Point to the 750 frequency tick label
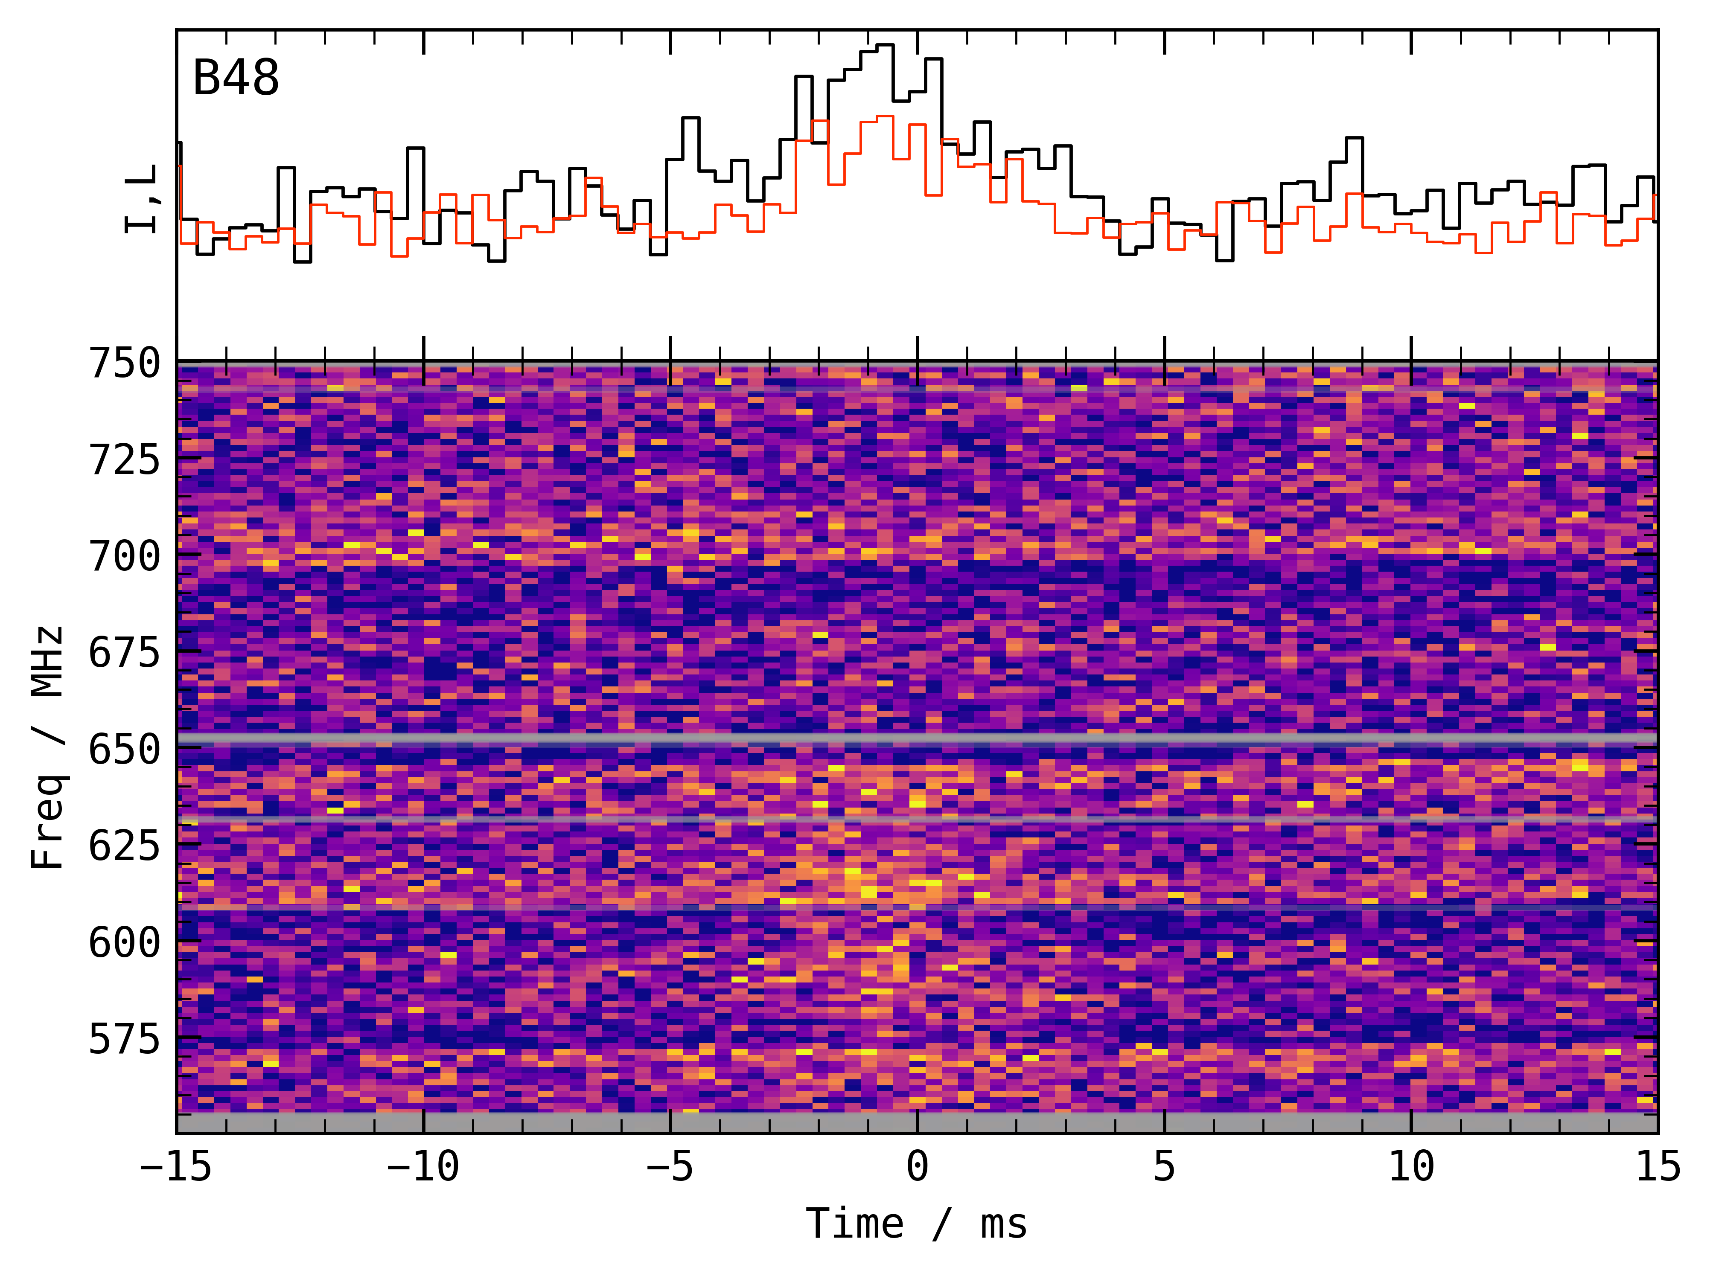click(125, 363)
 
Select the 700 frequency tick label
click(125, 556)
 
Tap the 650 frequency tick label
click(125, 749)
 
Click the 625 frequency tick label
click(125, 846)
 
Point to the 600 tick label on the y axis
click(125, 942)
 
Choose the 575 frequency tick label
click(125, 1039)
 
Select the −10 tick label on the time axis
click(422, 1166)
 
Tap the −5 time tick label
click(670, 1166)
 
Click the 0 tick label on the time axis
click(917, 1166)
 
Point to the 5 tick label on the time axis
click(1165, 1166)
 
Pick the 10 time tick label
click(1412, 1166)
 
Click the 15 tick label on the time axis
click(1658, 1166)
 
